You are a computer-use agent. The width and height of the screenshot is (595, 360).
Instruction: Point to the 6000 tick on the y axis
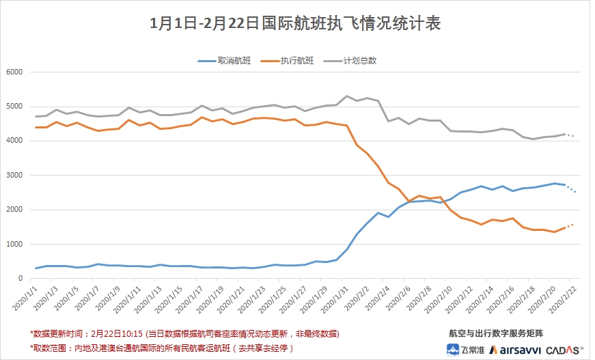pos(14,72)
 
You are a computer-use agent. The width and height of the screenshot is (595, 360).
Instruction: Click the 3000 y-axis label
pos(14,176)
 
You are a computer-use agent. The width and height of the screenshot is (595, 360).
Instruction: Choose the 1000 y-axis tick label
pos(14,245)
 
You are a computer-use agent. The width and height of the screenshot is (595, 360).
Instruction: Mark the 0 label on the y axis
pos(21,279)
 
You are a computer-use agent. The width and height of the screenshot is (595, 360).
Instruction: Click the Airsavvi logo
pos(513,348)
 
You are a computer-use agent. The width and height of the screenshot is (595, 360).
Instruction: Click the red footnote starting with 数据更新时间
pos(184,334)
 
